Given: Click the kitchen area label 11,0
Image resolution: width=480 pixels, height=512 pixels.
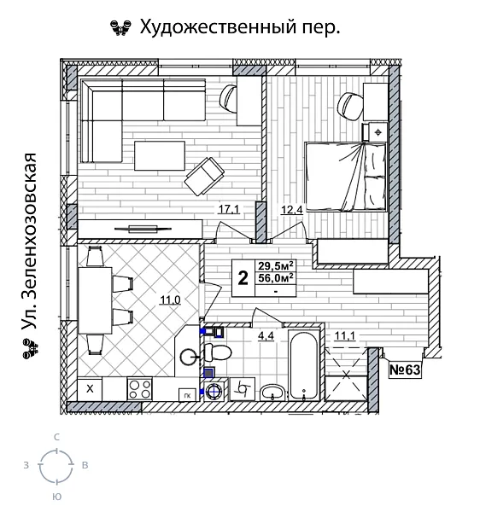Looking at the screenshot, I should coord(169,299).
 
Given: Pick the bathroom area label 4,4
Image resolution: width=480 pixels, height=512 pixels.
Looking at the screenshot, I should coord(266,335).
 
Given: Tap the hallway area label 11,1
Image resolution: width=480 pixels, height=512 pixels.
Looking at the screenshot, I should coord(345,335).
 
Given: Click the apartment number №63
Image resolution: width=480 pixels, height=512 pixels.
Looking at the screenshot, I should coord(407,371).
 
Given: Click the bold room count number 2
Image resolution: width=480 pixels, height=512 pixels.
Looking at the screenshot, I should coord(243,278).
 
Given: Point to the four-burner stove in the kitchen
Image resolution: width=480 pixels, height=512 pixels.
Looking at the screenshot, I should coord(139,389).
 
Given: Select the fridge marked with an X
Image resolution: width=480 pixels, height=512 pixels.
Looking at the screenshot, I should coord(90,389).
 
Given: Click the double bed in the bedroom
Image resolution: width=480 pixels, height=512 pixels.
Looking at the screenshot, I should coord(345,176).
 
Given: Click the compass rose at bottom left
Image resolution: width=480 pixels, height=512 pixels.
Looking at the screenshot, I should coord(56,466).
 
